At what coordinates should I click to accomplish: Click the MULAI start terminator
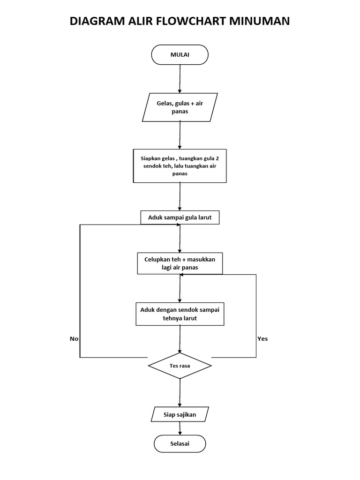click(180, 54)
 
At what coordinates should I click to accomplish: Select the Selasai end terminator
click(180, 443)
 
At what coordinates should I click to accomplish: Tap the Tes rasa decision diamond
click(180, 366)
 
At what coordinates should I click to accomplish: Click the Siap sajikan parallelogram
click(180, 414)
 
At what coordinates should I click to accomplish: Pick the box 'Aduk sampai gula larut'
click(180, 217)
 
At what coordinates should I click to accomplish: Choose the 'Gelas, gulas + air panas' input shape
click(180, 107)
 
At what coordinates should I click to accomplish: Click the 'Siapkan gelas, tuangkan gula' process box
click(180, 166)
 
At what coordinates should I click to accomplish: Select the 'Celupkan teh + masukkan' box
click(180, 263)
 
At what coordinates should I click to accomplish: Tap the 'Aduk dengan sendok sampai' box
click(180, 314)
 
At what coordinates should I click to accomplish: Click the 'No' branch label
click(74, 338)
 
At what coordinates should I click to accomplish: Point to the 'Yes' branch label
click(262, 338)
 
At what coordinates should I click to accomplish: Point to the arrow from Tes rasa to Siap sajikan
click(180, 392)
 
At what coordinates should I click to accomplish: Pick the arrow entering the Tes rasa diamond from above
click(180, 339)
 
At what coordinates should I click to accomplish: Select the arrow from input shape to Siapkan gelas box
click(180, 135)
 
